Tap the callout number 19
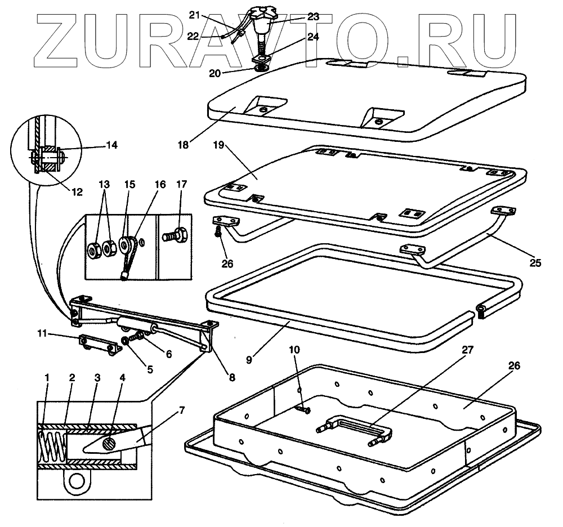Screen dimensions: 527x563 click(219, 146)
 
